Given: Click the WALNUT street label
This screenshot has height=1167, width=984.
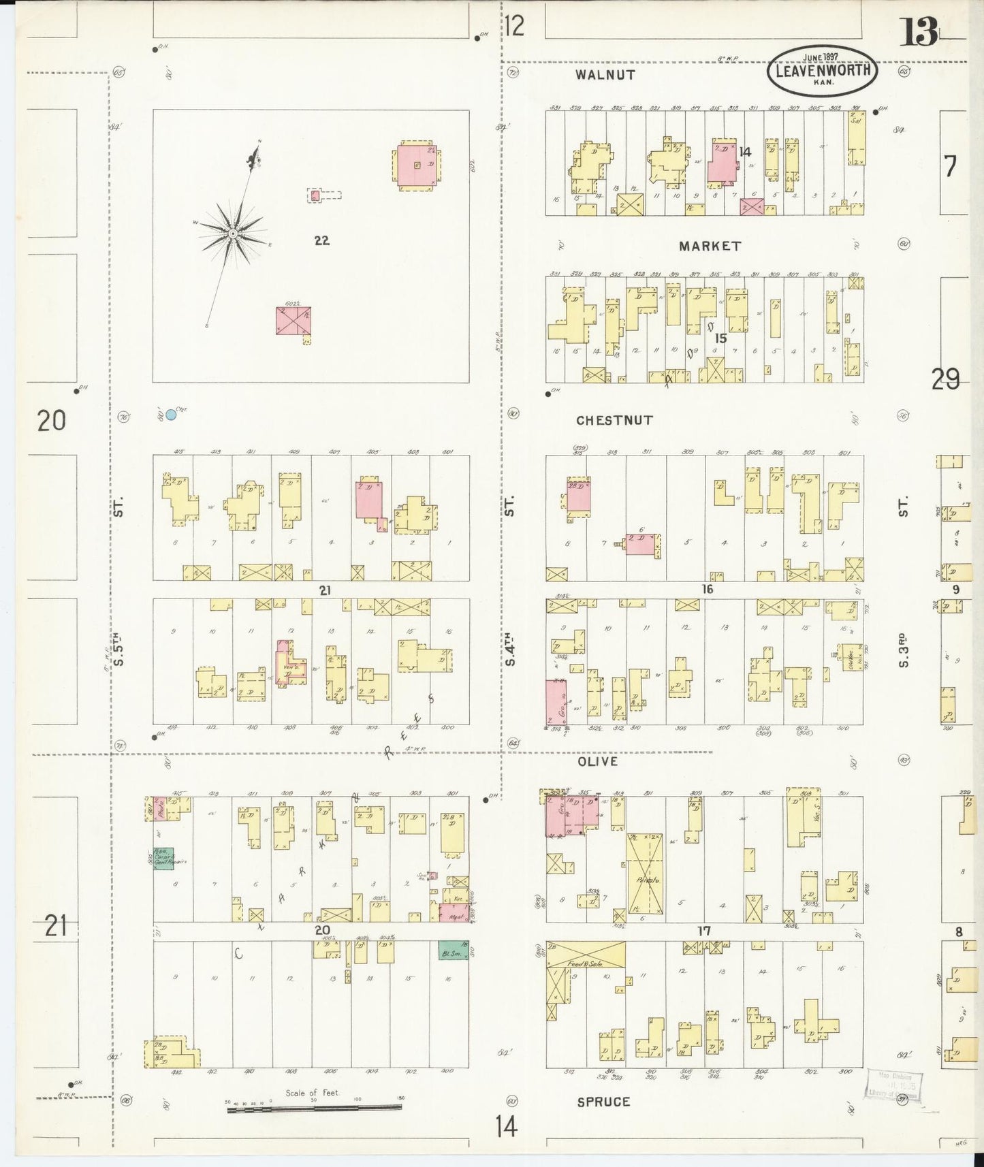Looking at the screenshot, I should [x=605, y=75].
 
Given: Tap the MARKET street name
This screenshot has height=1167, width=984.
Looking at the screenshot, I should [x=709, y=246].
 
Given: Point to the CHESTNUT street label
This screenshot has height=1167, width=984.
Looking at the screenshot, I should [x=614, y=420].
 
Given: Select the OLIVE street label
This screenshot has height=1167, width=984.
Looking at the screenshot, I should [x=597, y=761].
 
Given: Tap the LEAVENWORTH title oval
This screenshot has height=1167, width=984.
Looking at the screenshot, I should [x=822, y=71].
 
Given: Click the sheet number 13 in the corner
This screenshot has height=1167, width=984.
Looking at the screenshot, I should [x=920, y=32].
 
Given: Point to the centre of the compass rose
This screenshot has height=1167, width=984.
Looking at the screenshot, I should [x=233, y=234].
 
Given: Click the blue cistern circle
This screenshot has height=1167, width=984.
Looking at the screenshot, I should [x=171, y=414].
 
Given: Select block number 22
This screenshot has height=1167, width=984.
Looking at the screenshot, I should [x=322, y=240].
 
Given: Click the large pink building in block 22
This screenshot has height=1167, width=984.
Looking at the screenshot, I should [x=417, y=163].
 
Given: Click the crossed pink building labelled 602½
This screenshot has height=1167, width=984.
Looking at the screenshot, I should [x=293, y=320].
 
